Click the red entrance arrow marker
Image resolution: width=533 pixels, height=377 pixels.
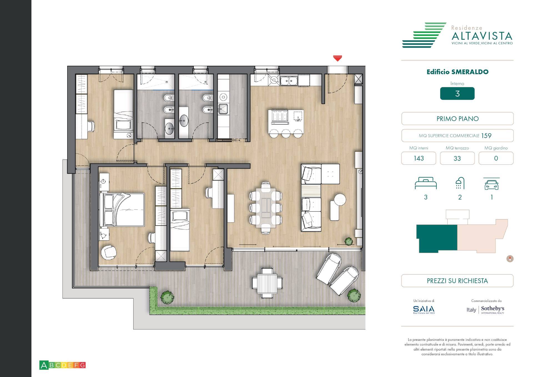click(x=337, y=58)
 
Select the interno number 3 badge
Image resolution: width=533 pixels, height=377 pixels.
click(x=457, y=94)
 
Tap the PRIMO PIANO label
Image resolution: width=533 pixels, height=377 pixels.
click(x=457, y=119)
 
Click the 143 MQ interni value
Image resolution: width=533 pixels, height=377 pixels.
click(x=418, y=158)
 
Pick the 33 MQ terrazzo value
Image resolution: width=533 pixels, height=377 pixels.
click(x=457, y=158)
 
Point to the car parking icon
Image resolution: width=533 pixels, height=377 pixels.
click(x=491, y=184)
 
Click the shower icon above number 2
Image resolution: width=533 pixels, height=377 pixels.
click(x=460, y=183)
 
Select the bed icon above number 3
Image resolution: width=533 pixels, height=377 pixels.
click(x=426, y=183)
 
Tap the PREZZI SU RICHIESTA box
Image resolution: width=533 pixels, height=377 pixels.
click(x=457, y=281)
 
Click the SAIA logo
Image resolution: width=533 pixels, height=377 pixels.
click(x=424, y=309)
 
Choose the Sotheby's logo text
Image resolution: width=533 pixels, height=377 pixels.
click(x=492, y=309)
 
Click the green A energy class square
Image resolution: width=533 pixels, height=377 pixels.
click(x=44, y=365)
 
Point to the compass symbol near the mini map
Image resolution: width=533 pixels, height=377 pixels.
click(x=510, y=259)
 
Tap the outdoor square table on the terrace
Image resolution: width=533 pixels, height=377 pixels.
click(x=267, y=283)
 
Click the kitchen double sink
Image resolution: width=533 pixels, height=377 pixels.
click(x=289, y=81)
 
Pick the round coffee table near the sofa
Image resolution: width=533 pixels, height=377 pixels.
click(x=340, y=199)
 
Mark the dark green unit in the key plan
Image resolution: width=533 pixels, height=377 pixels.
click(x=436, y=238)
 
